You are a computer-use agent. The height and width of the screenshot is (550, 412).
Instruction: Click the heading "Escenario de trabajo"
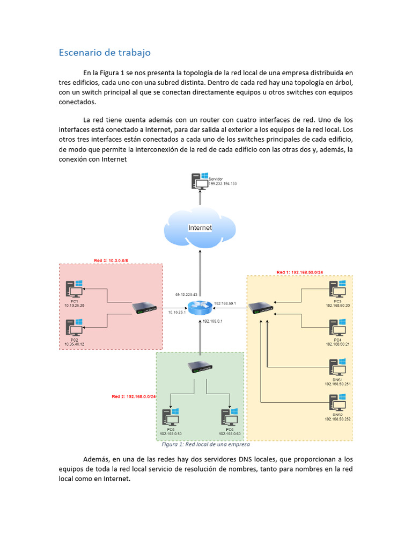tap(104, 52)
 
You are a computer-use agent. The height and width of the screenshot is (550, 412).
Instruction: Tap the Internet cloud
tap(200, 228)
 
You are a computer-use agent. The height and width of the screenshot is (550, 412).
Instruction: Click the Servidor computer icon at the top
tap(200, 182)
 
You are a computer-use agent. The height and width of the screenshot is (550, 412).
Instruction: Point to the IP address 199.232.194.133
tap(219, 184)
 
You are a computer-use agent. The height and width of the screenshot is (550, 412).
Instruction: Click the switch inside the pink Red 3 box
tap(145, 308)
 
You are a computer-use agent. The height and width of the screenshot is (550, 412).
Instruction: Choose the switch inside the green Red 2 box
tap(200, 367)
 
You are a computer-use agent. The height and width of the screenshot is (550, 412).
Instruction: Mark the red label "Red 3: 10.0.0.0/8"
tap(111, 260)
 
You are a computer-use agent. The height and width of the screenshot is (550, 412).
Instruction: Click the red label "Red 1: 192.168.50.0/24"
tap(299, 272)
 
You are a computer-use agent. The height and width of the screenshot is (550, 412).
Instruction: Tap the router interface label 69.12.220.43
tap(187, 295)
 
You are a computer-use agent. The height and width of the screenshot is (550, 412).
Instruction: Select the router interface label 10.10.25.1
tap(177, 312)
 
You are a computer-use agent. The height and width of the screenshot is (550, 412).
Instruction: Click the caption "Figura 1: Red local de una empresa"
tap(205, 445)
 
